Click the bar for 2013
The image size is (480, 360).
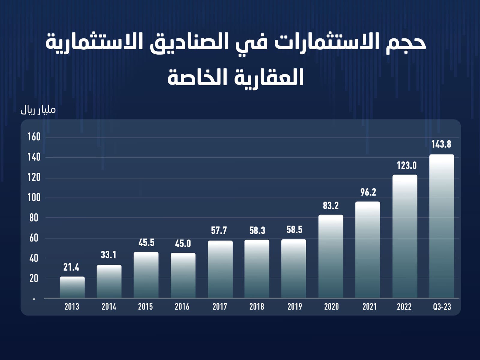(x=72, y=287)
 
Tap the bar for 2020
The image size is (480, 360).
(x=331, y=256)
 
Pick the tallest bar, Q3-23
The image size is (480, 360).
(x=442, y=226)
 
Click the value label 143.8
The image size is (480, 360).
(x=441, y=144)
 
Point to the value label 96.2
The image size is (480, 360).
(x=368, y=192)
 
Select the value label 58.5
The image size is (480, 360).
(x=294, y=230)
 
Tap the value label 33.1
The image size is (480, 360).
(x=108, y=255)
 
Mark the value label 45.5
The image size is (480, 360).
(x=146, y=243)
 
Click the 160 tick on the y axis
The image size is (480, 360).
(x=34, y=137)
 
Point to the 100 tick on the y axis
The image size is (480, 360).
(x=34, y=198)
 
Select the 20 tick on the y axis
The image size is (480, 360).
(x=34, y=278)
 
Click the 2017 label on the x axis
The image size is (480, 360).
(x=220, y=307)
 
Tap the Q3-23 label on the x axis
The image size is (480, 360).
(x=442, y=307)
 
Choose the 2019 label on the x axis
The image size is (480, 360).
(x=295, y=307)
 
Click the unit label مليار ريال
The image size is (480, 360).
(x=38, y=110)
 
